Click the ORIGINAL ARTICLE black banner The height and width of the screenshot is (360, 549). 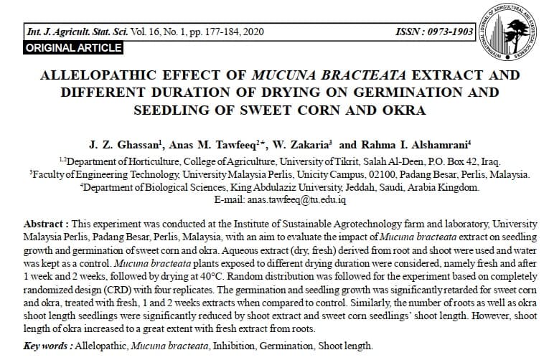pyautogui.click(x=74, y=48)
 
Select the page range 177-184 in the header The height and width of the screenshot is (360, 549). pyautogui.click(x=207, y=33)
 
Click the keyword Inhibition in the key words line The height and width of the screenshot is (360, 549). pyautogui.click(x=244, y=346)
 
